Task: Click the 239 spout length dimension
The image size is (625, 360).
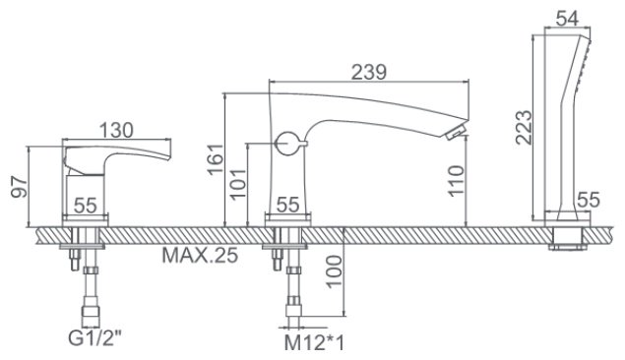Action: [x=369, y=73]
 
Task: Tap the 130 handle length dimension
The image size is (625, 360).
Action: [x=116, y=130]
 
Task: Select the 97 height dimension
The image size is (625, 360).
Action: [x=19, y=186]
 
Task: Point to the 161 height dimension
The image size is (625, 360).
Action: [x=216, y=159]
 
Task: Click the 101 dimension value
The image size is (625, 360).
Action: [x=239, y=184]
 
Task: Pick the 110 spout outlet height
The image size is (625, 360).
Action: [x=456, y=180]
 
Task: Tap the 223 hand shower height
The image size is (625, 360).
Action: [x=524, y=127]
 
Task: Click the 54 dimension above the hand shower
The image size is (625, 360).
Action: [x=567, y=19]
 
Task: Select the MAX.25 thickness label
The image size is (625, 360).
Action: [x=200, y=256]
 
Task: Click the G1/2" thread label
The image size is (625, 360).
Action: [x=94, y=339]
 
